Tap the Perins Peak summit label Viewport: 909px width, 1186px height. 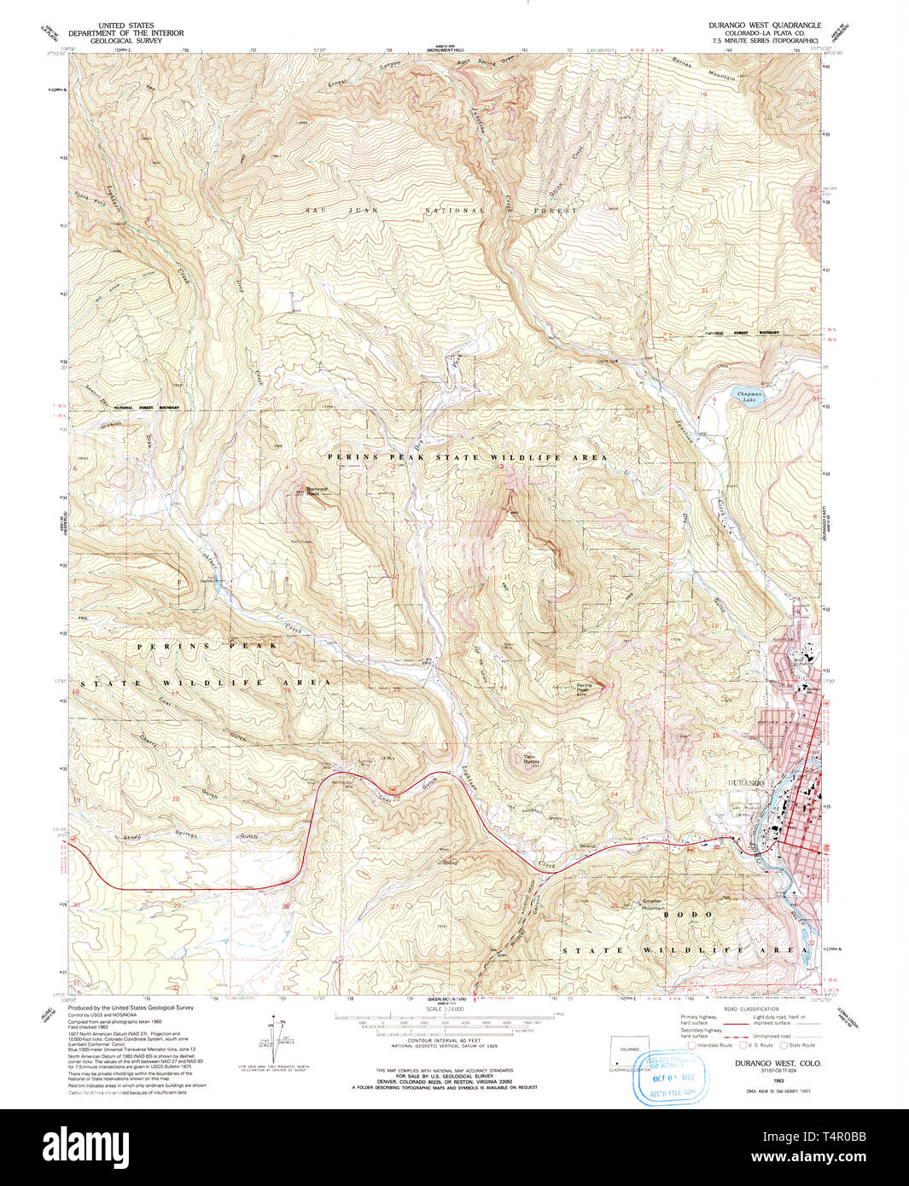(x=584, y=689)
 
